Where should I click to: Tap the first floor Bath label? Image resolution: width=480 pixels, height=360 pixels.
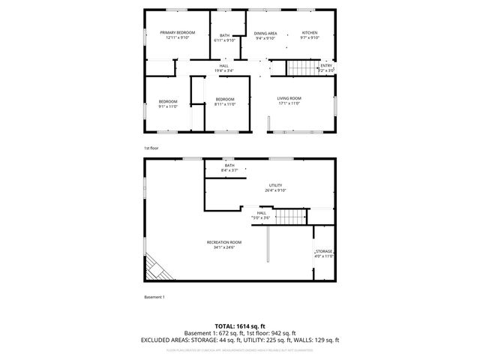pyautogui.click(x=224, y=34)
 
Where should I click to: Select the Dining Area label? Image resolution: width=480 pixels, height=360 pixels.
pyautogui.click(x=265, y=33)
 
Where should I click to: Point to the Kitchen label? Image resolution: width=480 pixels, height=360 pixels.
pyautogui.click(x=310, y=33)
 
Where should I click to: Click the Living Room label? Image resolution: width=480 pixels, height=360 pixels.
pyautogui.click(x=289, y=98)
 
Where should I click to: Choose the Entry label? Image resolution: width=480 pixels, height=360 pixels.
pyautogui.click(x=326, y=65)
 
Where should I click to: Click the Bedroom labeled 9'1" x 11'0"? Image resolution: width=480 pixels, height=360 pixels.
pyautogui.click(x=168, y=101)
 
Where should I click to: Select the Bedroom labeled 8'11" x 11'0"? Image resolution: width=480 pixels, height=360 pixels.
pyautogui.click(x=225, y=99)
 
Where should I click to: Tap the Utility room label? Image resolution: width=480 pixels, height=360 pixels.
pyautogui.click(x=276, y=184)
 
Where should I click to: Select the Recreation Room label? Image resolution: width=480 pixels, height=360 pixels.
pyautogui.click(x=225, y=241)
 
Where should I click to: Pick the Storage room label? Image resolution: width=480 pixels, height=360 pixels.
pyautogui.click(x=323, y=251)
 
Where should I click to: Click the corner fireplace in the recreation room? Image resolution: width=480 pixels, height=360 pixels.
pyautogui.click(x=157, y=267)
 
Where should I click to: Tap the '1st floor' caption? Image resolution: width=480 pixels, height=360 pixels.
pyautogui.click(x=151, y=148)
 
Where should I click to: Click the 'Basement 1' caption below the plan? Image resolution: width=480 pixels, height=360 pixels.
pyautogui.click(x=154, y=297)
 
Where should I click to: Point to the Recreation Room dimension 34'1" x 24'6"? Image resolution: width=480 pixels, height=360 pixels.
pyautogui.click(x=225, y=247)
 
